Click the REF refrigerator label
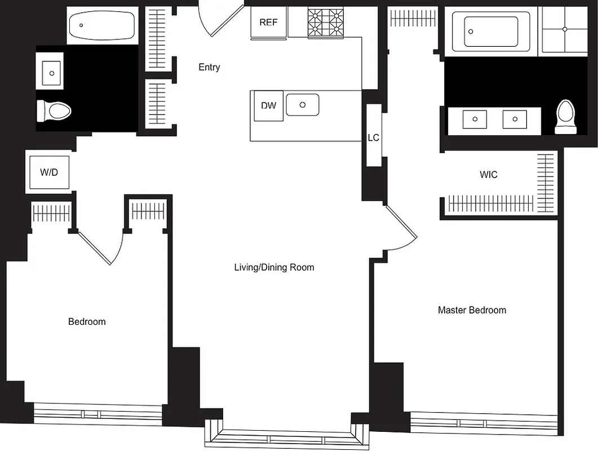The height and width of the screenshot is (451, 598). pyautogui.click(x=268, y=23)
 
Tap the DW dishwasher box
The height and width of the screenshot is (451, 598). pyautogui.click(x=269, y=105)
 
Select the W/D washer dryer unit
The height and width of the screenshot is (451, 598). pyautogui.click(x=49, y=172)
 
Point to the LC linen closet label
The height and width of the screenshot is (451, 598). pyautogui.click(x=373, y=138)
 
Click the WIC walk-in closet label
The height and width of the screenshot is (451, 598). pyautogui.click(x=488, y=175)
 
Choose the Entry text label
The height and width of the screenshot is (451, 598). pyautogui.click(x=209, y=67)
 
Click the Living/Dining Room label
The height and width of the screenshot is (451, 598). pyautogui.click(x=274, y=267)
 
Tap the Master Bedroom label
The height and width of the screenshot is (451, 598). pyautogui.click(x=472, y=310)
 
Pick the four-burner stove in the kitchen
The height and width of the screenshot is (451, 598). pyautogui.click(x=326, y=22)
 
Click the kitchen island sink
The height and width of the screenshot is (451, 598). pyautogui.click(x=302, y=105)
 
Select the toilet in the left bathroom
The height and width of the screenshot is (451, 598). pyautogui.click(x=55, y=111)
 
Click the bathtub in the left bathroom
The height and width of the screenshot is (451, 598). pyautogui.click(x=102, y=25)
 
